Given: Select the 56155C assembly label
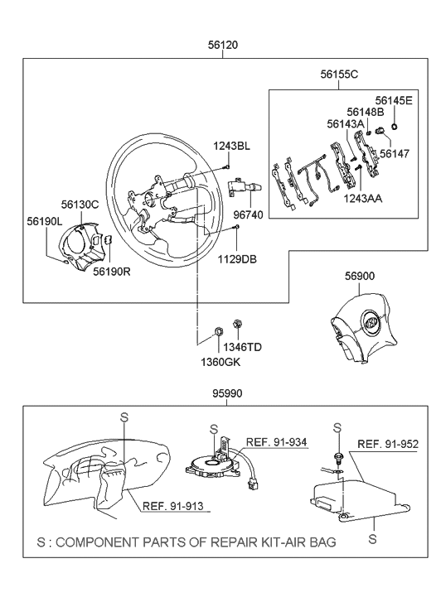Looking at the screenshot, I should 339,74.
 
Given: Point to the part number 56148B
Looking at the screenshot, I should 366,112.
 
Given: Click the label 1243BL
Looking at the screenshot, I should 231,147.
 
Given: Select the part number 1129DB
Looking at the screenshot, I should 238,259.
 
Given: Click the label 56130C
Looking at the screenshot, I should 80,203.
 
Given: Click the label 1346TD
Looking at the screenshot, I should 243,347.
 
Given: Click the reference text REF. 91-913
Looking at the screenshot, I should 172,507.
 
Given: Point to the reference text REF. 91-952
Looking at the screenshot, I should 387,443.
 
